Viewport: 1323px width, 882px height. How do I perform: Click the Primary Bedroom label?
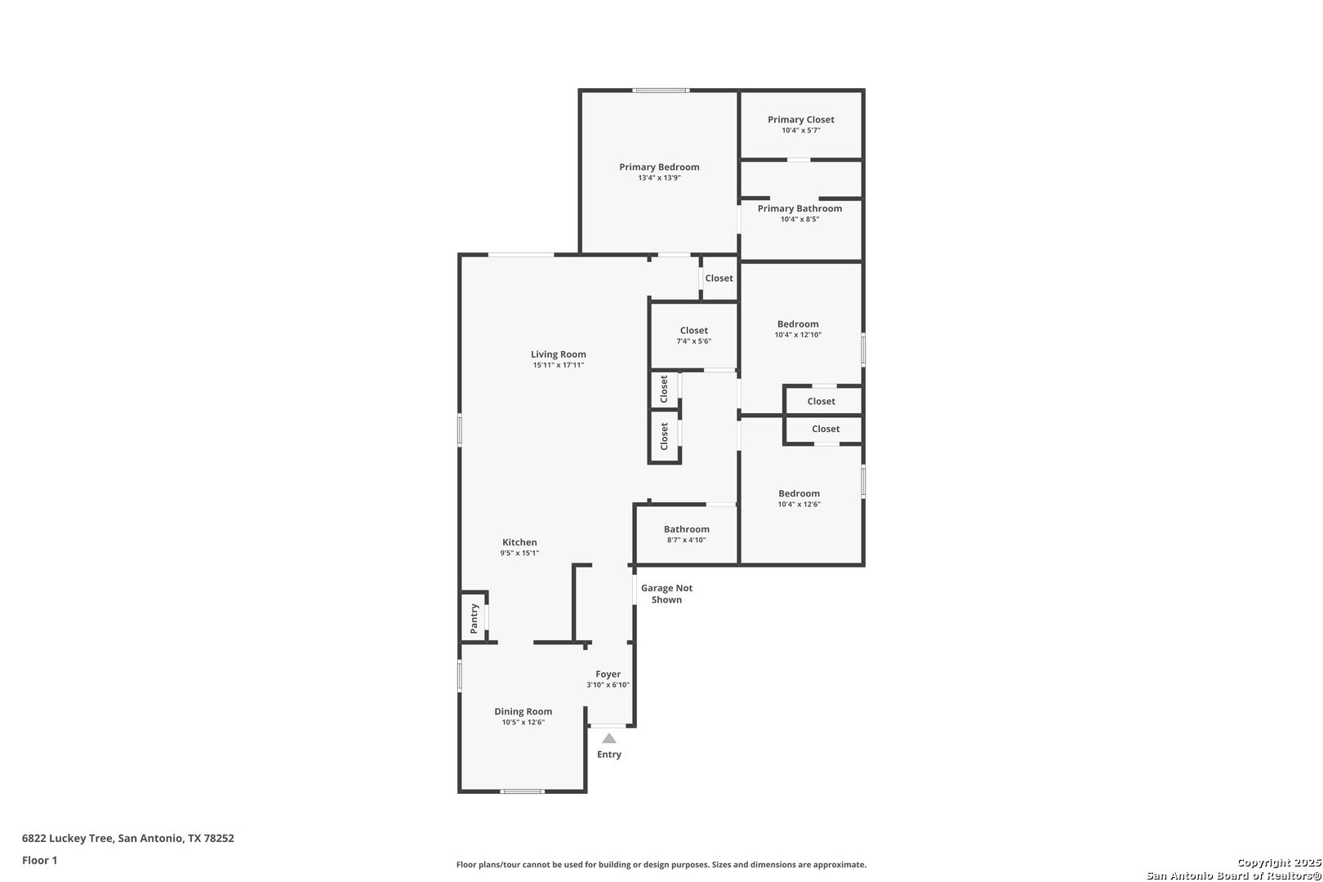pyautogui.click(x=659, y=167)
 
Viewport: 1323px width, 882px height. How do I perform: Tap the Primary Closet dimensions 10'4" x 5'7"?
pyautogui.click(x=801, y=131)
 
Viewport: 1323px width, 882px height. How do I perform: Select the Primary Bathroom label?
pyautogui.click(x=800, y=208)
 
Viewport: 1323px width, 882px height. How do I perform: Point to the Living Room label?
pyautogui.click(x=558, y=354)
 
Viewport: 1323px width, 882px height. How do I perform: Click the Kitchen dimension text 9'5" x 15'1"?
pyautogui.click(x=519, y=553)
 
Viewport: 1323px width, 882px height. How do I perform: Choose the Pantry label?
pyautogui.click(x=474, y=618)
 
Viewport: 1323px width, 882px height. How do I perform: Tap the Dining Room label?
pyautogui.click(x=523, y=712)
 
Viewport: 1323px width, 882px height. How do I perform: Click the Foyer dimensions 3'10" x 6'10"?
pyautogui.click(x=608, y=684)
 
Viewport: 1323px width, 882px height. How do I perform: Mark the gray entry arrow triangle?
pyautogui.click(x=609, y=738)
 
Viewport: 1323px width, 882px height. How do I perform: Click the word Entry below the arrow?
pyautogui.click(x=609, y=755)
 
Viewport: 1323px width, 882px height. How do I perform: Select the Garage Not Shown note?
pyautogui.click(x=667, y=594)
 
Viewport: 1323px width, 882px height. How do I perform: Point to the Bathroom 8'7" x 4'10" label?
pyautogui.click(x=686, y=534)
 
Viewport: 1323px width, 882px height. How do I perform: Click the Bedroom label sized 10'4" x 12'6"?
pyautogui.click(x=800, y=498)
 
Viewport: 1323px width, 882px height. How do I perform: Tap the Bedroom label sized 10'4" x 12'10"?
pyautogui.click(x=798, y=328)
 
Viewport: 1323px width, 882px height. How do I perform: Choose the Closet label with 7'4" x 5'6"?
pyautogui.click(x=694, y=335)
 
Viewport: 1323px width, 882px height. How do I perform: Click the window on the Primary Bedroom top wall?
pyautogui.click(x=661, y=91)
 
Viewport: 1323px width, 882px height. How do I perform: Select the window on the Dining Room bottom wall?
pyautogui.click(x=522, y=791)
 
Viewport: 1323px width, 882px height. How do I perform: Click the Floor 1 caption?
pyautogui.click(x=39, y=860)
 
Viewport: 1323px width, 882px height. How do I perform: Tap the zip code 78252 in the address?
pyautogui.click(x=219, y=838)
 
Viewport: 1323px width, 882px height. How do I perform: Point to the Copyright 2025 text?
pyautogui.click(x=1279, y=862)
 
